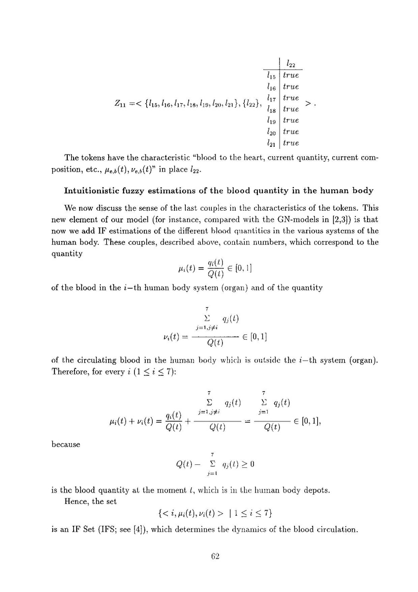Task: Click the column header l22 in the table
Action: pyautogui.click(x=291, y=64)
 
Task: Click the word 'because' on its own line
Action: pyautogui.click(x=66, y=444)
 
